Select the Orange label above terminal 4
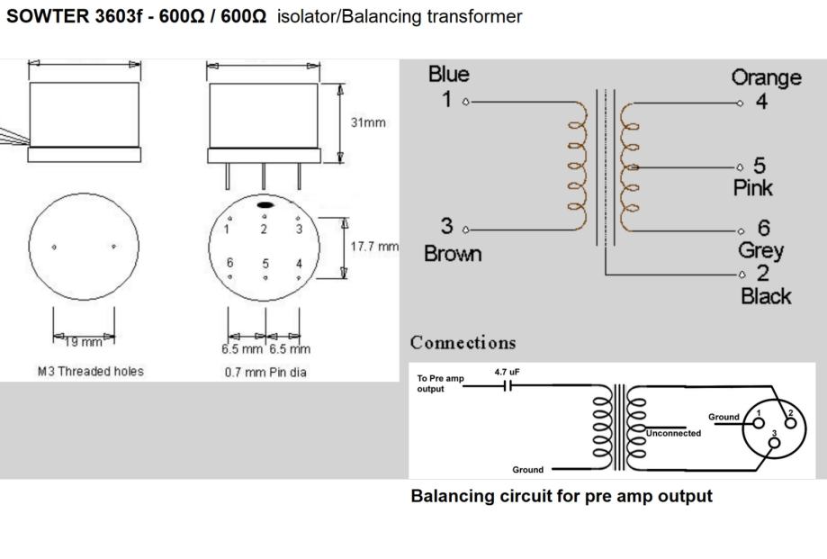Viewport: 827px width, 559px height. coord(766,77)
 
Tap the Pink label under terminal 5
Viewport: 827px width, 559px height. coord(752,188)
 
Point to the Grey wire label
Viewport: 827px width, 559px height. coord(760,251)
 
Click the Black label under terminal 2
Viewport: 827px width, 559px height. coord(766,296)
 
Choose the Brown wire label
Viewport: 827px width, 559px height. coord(453,254)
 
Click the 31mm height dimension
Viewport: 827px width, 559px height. coord(369,122)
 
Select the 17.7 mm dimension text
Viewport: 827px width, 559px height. coord(374,246)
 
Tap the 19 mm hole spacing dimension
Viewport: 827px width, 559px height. coord(83,341)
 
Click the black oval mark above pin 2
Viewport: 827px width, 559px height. coord(265,205)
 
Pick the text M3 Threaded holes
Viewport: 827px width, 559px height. coord(90,371)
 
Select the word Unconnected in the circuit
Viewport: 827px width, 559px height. coord(673,433)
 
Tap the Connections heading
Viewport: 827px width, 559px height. coord(463,343)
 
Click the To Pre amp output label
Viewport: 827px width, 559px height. coord(440,383)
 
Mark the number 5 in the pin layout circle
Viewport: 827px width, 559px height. coord(265,264)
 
